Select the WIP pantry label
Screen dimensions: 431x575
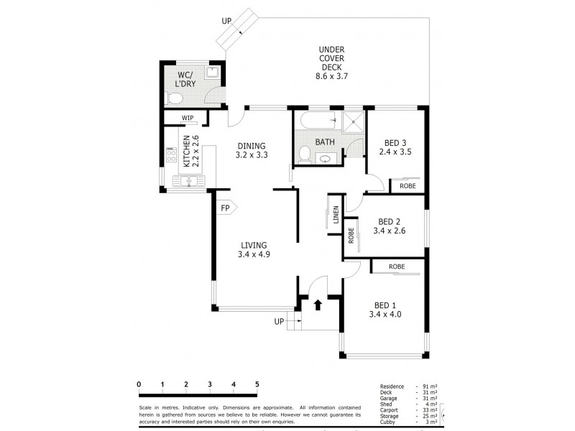click(x=188, y=118)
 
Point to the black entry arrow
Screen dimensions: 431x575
click(x=318, y=305)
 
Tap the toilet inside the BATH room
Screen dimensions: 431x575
click(x=305, y=154)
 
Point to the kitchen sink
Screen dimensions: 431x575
click(x=188, y=182)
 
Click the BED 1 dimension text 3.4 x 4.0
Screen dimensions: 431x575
click(x=385, y=314)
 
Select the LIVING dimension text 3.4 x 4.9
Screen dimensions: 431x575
click(x=254, y=253)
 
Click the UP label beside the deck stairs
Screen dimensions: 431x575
click(x=226, y=22)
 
